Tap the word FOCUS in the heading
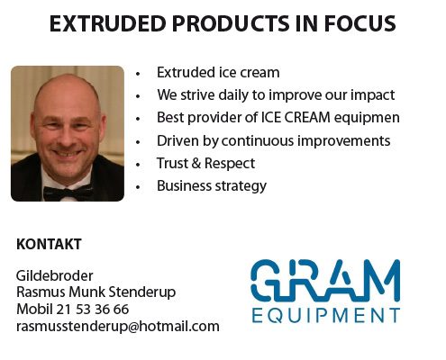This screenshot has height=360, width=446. (x=360, y=23)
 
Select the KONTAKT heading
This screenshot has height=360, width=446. (x=49, y=244)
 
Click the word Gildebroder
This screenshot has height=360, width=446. (x=54, y=275)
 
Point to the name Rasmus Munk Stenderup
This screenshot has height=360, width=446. (x=96, y=292)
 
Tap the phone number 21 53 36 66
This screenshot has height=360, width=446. (x=92, y=310)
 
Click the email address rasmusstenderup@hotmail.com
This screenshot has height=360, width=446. (x=118, y=327)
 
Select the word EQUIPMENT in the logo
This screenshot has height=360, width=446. (x=326, y=316)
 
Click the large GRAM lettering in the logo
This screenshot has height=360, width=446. (x=325, y=281)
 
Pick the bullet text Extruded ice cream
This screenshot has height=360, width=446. (x=218, y=73)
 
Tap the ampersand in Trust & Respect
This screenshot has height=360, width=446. (x=196, y=163)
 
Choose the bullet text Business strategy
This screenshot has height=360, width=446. (x=212, y=186)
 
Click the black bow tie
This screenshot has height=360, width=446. (x=68, y=192)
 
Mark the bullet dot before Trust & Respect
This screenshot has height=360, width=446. (x=138, y=165)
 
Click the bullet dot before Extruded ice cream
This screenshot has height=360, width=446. (x=138, y=74)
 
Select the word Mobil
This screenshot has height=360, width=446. (x=34, y=310)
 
